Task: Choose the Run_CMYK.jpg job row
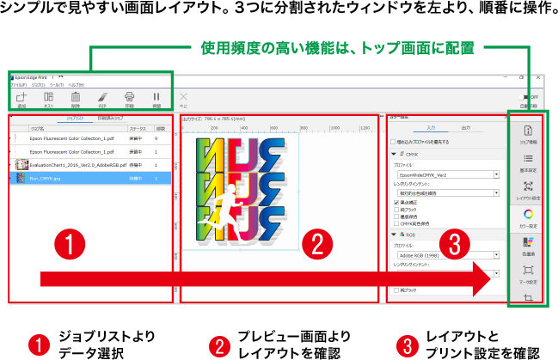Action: click(86, 178)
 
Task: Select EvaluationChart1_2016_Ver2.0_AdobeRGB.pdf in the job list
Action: click(86, 163)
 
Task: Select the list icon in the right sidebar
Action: click(528, 159)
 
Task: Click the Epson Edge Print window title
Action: click(34, 76)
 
